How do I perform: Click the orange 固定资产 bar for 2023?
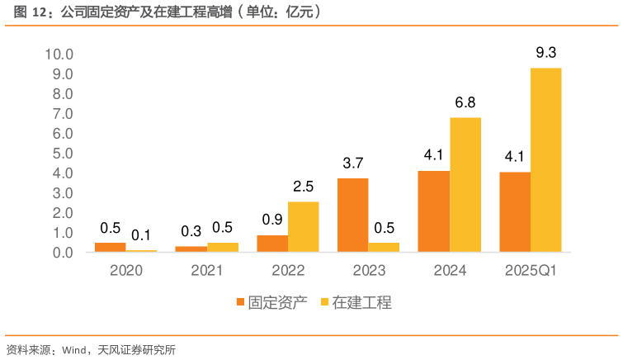point(353,215)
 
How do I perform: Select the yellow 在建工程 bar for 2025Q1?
point(545,160)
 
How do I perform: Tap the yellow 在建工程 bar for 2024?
point(465,185)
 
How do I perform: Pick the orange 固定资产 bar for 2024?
point(434,211)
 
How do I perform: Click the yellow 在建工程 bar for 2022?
point(304,227)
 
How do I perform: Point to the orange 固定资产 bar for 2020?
point(111,247)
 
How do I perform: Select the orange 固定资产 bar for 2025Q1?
point(515,211)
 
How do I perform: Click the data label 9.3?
point(545,54)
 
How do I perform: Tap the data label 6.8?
point(465,103)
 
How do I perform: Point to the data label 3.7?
point(353,163)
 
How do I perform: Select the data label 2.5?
point(304,187)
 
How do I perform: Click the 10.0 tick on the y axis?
point(59,54)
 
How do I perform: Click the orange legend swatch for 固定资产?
point(241,303)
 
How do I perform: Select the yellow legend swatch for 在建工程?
point(324,303)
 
